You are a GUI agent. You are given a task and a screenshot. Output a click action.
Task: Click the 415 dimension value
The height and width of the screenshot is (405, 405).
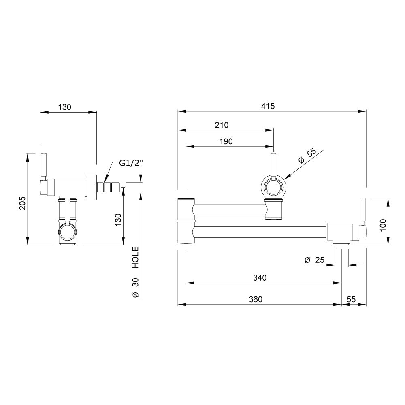point(268,106)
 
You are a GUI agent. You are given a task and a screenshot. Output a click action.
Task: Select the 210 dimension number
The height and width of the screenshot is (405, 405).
point(222,125)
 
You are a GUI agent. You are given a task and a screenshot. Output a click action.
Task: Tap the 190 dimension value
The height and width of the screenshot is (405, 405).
point(226,141)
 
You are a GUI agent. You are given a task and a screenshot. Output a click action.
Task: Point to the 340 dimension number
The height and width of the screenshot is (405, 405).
point(260,278)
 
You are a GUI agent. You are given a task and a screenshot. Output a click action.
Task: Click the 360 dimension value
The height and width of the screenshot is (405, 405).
point(256,299)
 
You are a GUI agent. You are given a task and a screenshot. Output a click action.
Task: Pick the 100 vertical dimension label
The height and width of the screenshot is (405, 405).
point(383,225)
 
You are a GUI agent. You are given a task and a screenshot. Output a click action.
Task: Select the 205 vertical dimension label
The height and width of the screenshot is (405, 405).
point(22,203)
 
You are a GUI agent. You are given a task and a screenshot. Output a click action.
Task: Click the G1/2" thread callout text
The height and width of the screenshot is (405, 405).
point(131,163)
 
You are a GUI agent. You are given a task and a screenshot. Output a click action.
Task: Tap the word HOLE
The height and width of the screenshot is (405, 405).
point(136,257)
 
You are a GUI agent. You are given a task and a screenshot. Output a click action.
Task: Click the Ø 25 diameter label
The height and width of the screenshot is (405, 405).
point(314,260)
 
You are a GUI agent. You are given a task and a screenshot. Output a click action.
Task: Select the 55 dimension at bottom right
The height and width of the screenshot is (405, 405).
point(351,299)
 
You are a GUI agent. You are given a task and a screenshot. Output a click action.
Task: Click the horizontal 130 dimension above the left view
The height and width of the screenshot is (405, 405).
point(64,107)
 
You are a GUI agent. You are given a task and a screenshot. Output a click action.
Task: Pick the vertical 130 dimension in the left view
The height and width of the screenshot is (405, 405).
point(118,220)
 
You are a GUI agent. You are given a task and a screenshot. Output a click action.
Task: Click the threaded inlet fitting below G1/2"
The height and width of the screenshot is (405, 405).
point(109,187)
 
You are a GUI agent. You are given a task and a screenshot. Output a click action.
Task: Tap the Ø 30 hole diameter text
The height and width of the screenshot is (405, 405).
point(136,288)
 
